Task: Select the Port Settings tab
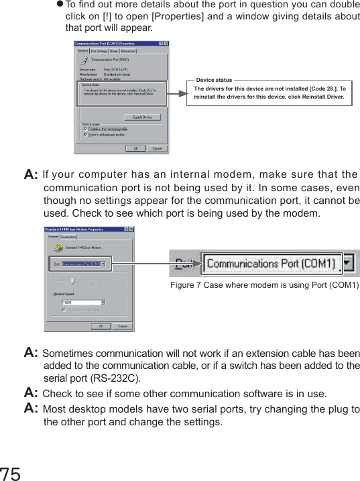point(99,50)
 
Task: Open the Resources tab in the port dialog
point(128,50)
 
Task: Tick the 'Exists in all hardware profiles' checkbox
point(85,134)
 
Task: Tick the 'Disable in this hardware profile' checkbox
point(85,129)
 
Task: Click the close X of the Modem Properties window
point(132,229)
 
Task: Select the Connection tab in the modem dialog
point(68,237)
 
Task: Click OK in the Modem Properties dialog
point(101,327)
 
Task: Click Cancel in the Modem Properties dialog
point(122,327)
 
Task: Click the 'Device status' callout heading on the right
point(215,80)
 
